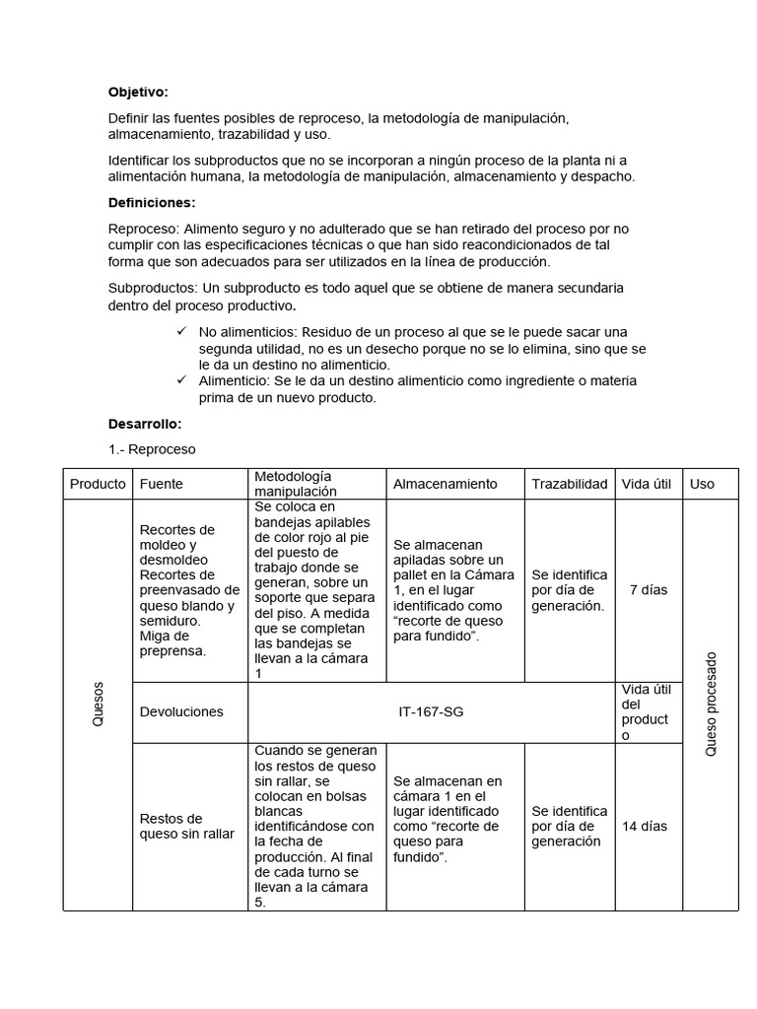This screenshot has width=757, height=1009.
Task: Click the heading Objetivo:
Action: [138, 93]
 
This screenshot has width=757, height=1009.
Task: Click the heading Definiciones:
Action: [152, 203]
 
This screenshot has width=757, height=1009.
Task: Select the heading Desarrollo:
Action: [145, 424]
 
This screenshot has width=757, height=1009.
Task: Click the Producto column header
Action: [98, 484]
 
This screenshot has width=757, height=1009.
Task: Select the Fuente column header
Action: [162, 484]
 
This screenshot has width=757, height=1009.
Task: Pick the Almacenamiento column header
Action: [446, 484]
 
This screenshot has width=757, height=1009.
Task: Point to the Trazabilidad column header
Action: [569, 484]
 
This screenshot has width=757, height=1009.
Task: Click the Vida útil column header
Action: [647, 484]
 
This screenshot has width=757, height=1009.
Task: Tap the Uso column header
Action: [702, 484]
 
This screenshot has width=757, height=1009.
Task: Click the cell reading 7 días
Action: [648, 590]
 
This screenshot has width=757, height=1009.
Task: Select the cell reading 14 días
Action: [645, 826]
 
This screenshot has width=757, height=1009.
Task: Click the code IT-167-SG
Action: [431, 711]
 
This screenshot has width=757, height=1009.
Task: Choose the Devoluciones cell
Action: [181, 711]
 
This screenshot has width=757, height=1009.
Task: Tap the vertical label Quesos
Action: [98, 706]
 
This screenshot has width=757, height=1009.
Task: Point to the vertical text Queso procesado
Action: [711, 705]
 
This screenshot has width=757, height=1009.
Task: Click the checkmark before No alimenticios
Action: [180, 331]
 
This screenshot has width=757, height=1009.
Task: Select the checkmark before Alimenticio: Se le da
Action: [180, 380]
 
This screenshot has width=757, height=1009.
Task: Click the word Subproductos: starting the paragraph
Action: [153, 287]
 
